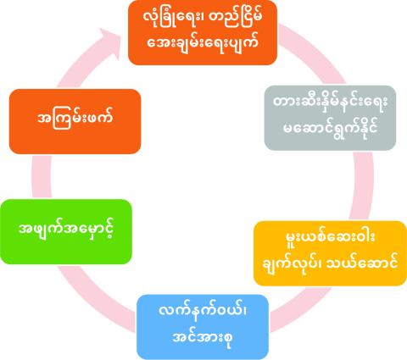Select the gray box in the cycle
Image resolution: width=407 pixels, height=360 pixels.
[330, 118]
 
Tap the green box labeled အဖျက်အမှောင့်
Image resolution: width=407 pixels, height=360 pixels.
[66, 232]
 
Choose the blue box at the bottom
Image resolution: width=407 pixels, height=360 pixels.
[203, 327]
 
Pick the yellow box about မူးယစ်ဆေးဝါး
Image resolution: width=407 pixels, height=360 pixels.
[330, 253]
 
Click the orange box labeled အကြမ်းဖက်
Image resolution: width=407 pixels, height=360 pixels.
[75, 121]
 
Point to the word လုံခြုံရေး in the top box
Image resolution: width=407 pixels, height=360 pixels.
[169, 19]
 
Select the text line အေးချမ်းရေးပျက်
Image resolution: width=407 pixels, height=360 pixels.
[203, 43]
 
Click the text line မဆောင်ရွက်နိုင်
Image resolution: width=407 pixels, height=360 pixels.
[330, 129]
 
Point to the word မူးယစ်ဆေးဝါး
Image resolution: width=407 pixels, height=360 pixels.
[330, 239]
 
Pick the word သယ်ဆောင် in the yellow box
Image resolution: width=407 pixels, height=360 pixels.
[362, 263]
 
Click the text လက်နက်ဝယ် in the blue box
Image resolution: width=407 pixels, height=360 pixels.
[203, 311]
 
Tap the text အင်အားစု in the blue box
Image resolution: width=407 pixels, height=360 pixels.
[203, 337]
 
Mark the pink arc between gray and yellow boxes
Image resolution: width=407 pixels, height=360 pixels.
[362, 186]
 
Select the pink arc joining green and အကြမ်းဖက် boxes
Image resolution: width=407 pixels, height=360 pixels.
[42, 177]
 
